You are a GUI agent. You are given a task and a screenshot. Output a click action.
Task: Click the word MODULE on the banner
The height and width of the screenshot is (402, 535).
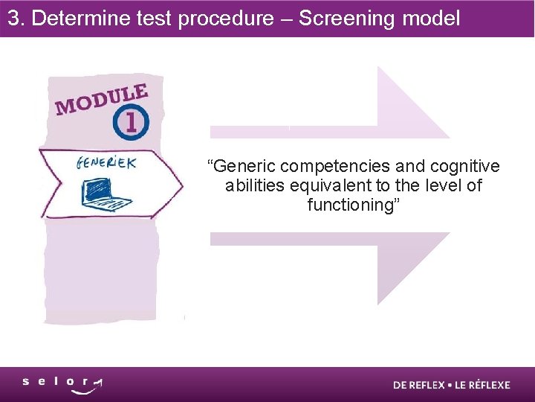[x=101, y=99]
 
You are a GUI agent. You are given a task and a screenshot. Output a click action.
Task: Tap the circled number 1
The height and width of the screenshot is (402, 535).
[x=132, y=123]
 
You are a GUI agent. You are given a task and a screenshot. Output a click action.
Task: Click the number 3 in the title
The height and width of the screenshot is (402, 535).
[x=13, y=19]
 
